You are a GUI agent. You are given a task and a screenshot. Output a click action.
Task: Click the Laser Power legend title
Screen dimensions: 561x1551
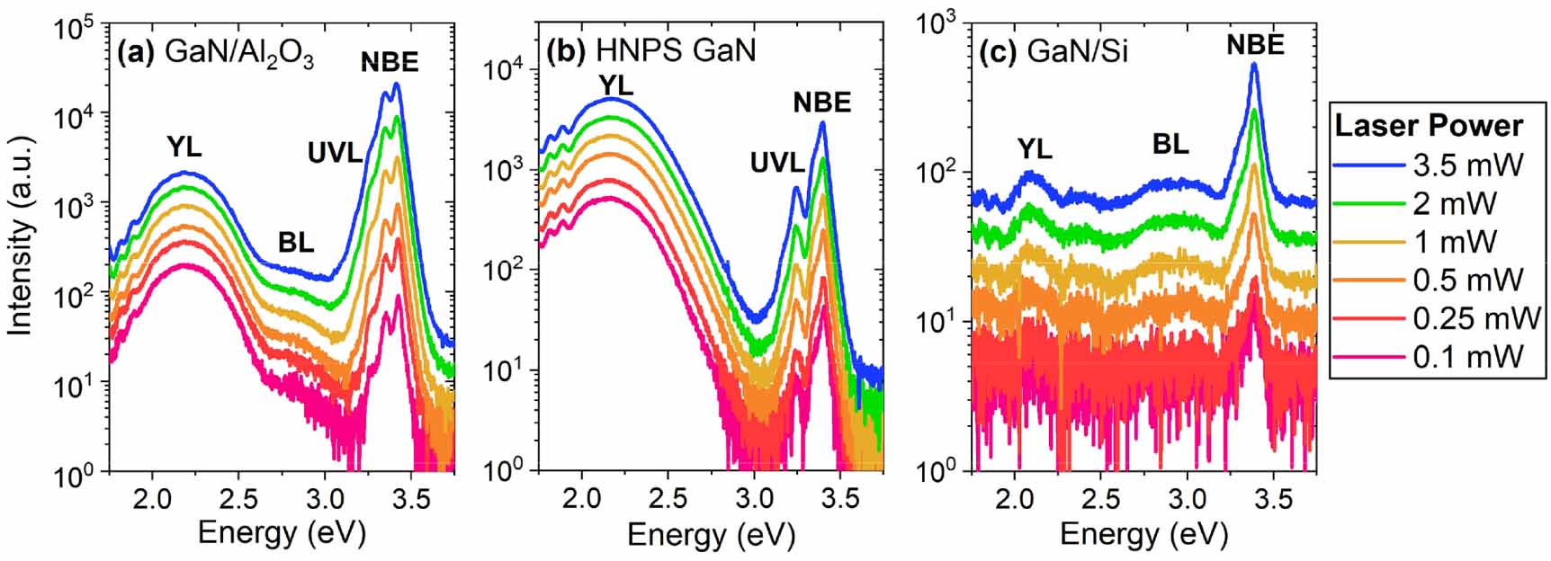[1428, 125]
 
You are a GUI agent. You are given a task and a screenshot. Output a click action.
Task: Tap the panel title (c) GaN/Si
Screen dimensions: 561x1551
[1053, 52]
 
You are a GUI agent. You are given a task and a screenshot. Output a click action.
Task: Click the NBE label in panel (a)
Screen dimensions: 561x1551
[390, 61]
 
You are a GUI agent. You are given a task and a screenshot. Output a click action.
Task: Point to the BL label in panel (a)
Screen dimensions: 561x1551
[296, 242]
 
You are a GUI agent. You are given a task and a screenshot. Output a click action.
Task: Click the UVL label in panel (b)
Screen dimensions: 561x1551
[777, 163]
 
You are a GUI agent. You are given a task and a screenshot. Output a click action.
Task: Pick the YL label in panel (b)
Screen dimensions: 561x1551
[615, 85]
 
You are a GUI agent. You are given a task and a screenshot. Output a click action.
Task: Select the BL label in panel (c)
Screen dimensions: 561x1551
[1170, 143]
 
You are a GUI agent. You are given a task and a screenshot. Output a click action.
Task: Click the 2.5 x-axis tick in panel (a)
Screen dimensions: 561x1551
[238, 497]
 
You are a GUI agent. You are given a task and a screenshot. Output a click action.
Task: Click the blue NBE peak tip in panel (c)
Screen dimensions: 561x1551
[1254, 64]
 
